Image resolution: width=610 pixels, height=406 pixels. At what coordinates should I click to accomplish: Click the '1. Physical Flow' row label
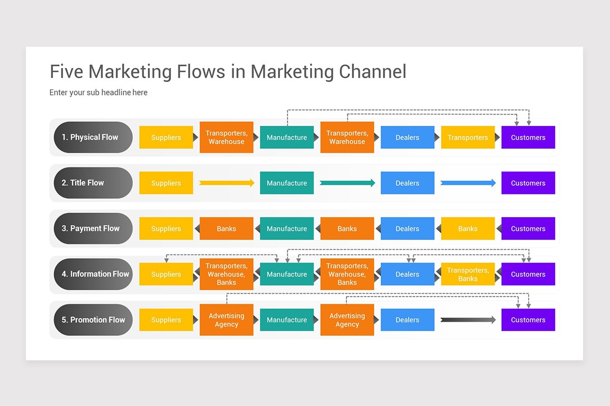point(93,138)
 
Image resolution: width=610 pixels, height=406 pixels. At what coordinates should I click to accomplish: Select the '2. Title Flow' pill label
point(93,183)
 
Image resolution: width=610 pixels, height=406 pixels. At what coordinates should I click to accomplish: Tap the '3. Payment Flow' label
point(93,228)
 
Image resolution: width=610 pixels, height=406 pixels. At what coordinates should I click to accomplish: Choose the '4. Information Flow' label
point(93,274)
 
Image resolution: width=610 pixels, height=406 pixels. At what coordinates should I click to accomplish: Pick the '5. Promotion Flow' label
point(93,320)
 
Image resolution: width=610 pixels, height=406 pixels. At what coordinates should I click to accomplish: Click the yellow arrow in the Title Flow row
point(227,183)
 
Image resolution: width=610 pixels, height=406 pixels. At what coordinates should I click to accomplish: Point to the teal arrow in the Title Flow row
point(348,183)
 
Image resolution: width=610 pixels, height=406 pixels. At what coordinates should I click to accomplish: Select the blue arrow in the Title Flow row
point(468,183)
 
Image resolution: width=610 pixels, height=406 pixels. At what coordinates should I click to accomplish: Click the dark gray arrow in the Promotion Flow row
point(468,320)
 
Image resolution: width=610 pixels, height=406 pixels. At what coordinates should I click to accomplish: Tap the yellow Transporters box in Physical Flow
point(468,138)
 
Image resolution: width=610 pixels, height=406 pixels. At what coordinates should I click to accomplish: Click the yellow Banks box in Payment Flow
point(468,228)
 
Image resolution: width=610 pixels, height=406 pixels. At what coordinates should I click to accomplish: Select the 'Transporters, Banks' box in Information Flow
point(468,274)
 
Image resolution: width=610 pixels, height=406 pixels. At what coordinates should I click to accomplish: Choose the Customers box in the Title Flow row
point(528,183)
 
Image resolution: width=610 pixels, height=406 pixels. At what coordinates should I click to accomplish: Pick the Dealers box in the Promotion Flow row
point(407,320)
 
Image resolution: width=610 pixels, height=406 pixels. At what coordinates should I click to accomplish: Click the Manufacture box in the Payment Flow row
point(287,228)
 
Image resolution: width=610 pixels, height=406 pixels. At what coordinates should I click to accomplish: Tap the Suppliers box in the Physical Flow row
point(166,138)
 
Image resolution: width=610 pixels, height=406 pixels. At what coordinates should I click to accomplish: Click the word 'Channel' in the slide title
point(373,72)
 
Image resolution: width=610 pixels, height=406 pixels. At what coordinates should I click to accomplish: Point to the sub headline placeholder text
point(98,92)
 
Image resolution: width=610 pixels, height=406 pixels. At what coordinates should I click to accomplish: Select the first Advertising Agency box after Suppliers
point(227,320)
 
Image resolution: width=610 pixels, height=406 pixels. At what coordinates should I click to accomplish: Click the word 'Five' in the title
point(67,72)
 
